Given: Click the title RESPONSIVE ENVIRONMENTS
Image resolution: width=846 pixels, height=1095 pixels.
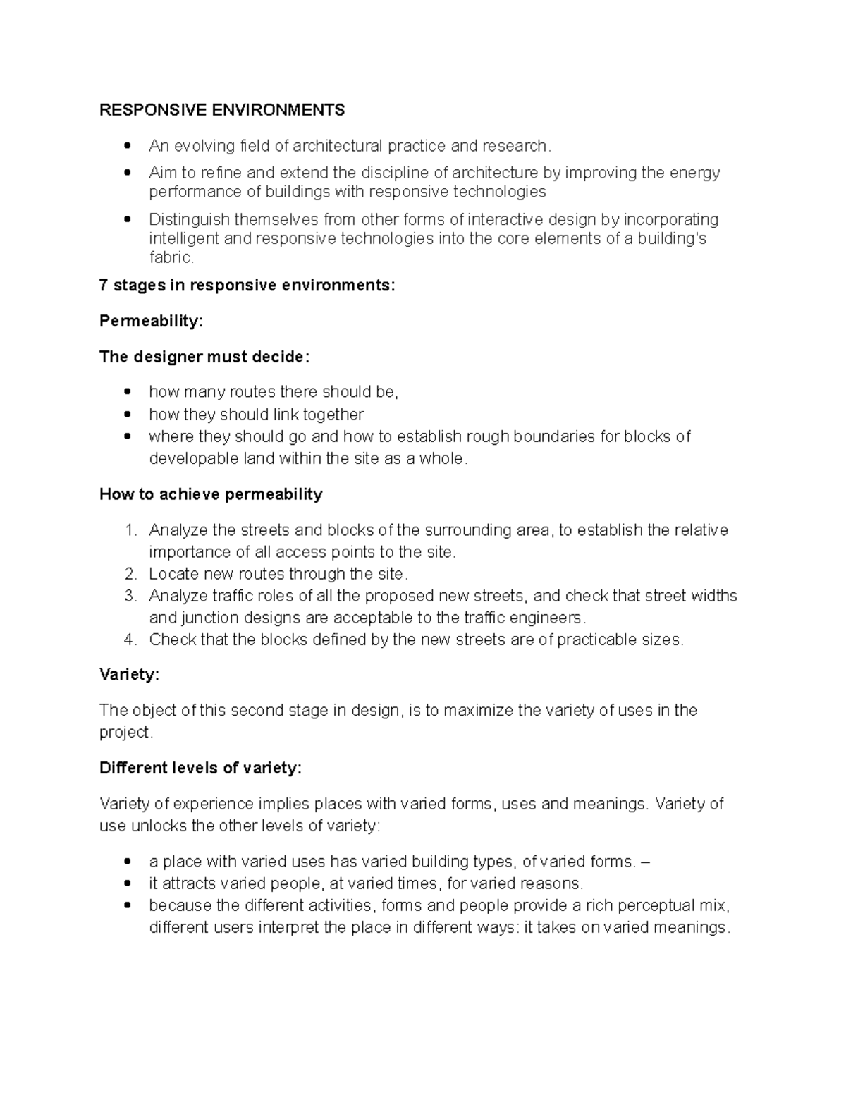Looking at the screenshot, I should (222, 110).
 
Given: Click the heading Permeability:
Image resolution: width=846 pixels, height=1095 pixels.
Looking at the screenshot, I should (151, 322).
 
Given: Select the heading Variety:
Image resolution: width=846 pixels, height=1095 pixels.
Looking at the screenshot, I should (129, 675).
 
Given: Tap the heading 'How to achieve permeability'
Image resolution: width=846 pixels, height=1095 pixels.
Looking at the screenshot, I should (211, 494).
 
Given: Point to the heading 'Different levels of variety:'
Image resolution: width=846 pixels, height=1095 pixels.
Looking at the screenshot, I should (200, 769).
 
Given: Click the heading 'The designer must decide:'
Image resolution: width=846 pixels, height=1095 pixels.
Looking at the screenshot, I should (204, 357).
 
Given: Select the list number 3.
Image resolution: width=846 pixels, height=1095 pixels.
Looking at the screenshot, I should (129, 597).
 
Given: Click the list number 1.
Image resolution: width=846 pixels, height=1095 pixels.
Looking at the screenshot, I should (129, 530).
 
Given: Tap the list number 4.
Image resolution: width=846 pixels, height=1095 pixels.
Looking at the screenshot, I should (129, 640).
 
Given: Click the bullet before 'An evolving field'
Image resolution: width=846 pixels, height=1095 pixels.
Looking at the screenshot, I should (128, 147).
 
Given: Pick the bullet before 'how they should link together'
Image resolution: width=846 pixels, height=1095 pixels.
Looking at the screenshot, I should (128, 415).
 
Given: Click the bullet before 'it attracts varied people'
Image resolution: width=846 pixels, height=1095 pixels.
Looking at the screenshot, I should (128, 883).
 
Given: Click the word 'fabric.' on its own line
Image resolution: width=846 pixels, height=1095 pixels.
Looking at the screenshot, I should (171, 258).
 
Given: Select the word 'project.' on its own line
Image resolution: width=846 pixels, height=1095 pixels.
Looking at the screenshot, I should (125, 733).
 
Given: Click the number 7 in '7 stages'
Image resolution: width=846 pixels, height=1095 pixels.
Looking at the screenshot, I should (104, 286).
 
